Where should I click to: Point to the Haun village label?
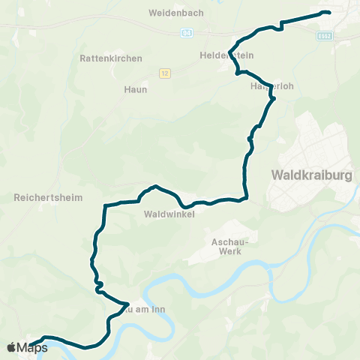point(135,88)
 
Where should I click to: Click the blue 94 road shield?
point(186,33)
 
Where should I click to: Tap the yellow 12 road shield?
point(166,73)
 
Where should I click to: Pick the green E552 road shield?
point(324,34)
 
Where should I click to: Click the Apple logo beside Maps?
point(10,347)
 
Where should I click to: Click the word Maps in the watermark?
point(32,347)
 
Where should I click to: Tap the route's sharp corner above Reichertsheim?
point(105,205)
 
